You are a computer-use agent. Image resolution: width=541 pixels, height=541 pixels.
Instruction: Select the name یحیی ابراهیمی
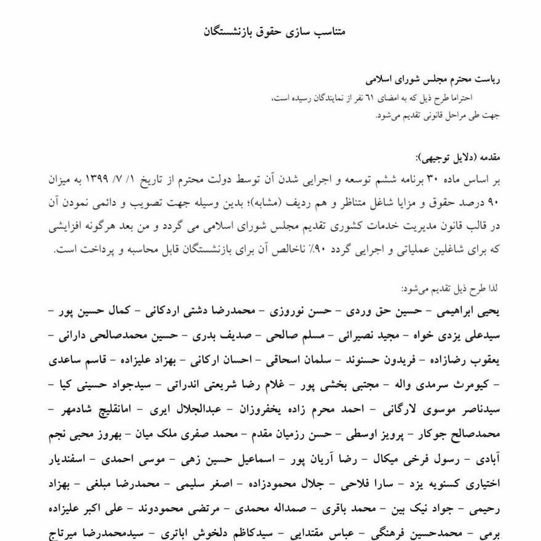tap(465, 312)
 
